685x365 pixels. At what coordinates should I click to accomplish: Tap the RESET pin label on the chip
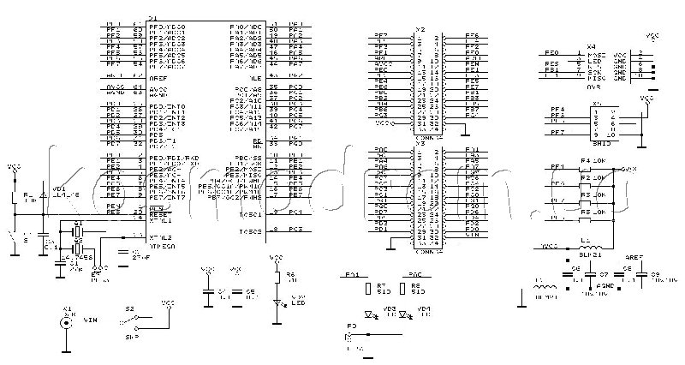tap(158, 212)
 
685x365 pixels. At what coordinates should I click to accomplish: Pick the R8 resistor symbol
tap(402, 288)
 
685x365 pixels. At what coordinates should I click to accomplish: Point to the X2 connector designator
tap(420, 29)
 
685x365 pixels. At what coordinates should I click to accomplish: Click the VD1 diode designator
tap(57, 188)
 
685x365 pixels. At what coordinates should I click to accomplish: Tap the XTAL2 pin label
tap(161, 236)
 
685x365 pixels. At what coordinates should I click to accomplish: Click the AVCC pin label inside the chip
tap(157, 87)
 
